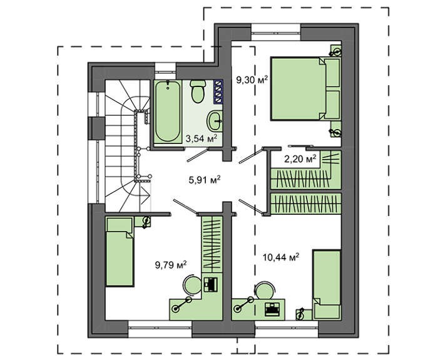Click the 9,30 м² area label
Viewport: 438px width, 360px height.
(252, 80)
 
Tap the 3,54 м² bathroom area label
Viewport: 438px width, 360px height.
(201, 138)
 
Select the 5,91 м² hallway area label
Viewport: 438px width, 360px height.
(205, 180)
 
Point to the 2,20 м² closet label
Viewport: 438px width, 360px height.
(300, 159)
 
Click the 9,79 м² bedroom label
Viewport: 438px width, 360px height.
(171, 264)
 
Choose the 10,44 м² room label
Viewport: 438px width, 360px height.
(281, 256)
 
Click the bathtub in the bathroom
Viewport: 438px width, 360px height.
(168, 111)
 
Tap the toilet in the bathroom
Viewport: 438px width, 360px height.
(198, 91)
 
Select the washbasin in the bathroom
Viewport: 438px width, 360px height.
(215, 121)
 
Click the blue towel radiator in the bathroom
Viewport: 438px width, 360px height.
(218, 92)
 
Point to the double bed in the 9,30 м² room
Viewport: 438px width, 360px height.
(305, 89)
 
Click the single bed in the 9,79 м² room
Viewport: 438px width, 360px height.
(120, 252)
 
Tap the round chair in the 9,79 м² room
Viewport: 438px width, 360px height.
(192, 285)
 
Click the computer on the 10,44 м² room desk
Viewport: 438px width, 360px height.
(272, 309)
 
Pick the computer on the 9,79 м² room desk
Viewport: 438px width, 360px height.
(211, 284)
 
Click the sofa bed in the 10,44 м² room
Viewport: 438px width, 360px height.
(327, 284)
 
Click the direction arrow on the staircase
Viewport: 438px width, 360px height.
(144, 195)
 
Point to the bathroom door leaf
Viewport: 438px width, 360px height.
(197, 155)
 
